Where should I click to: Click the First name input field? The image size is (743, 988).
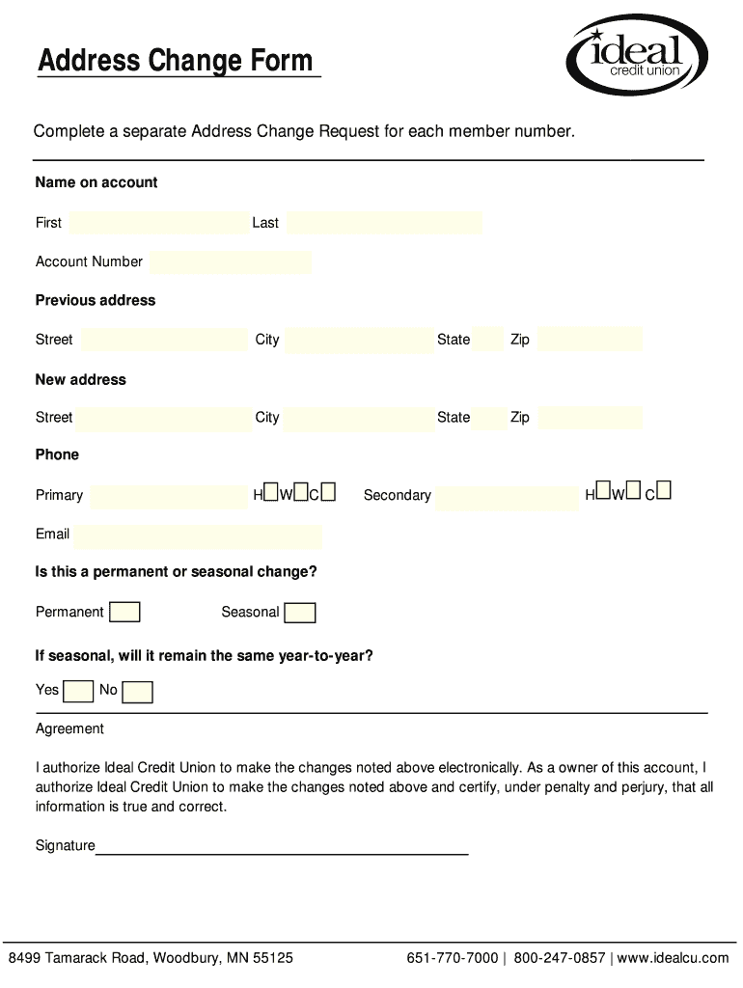click(159, 223)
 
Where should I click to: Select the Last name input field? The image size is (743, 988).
click(384, 223)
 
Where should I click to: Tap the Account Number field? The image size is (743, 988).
click(232, 261)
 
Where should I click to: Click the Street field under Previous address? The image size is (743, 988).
click(164, 340)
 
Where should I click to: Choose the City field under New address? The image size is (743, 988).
click(358, 418)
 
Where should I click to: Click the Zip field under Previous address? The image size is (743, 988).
click(590, 340)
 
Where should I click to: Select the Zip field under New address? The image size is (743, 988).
click(590, 418)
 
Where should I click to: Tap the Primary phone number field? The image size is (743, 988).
click(169, 496)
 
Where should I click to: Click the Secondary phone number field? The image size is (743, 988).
click(507, 496)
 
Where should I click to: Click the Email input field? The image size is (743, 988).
click(198, 535)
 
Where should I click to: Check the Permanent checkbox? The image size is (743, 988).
click(124, 613)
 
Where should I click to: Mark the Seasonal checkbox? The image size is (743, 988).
click(300, 613)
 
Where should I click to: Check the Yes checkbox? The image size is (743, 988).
click(78, 691)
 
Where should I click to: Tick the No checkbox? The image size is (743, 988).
click(137, 691)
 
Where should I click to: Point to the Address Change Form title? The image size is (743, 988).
click(176, 62)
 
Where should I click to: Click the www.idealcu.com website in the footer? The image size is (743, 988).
click(674, 958)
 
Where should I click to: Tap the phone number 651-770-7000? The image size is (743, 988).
click(453, 958)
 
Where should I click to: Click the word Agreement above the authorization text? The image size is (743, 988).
click(69, 728)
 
